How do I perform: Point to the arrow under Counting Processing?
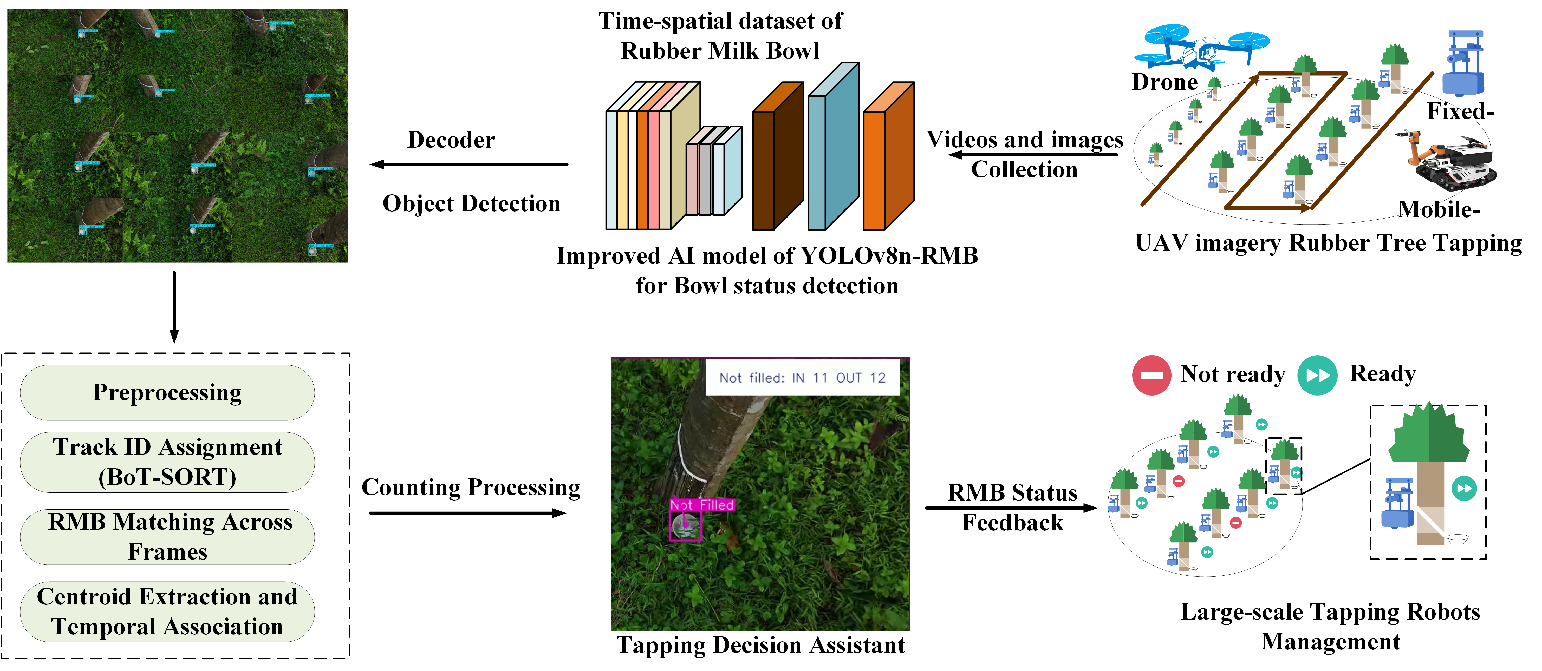[x=467, y=513]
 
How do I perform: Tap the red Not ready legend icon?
[x=1151, y=375]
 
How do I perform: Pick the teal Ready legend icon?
[x=1317, y=375]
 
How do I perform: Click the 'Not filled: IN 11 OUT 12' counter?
[x=802, y=378]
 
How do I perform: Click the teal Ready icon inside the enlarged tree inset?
[x=1463, y=488]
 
